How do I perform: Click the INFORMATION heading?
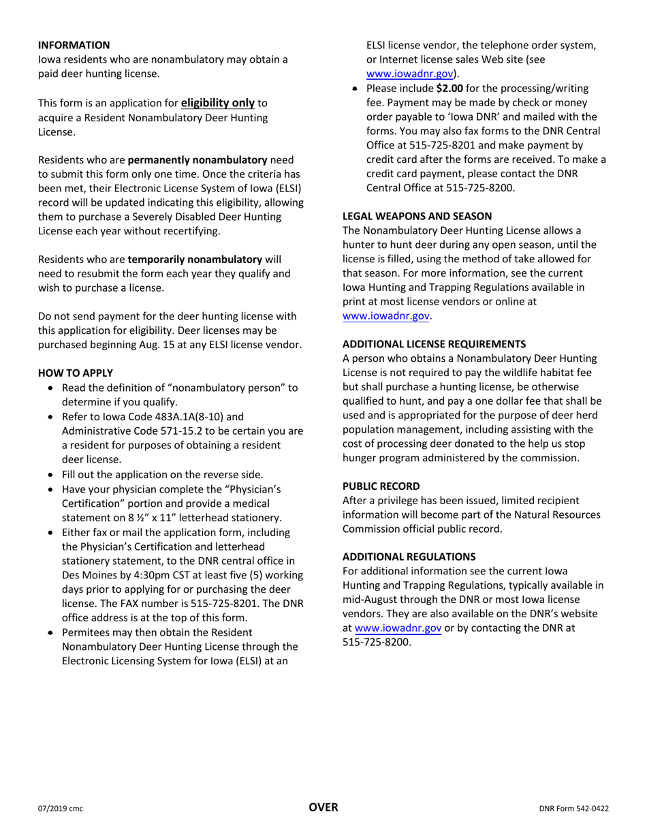tap(74, 45)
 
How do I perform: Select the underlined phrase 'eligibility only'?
tap(217, 103)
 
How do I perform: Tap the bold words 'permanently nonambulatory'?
tap(198, 160)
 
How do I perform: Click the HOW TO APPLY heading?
tap(76, 373)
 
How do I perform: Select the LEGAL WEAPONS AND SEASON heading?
tap(417, 216)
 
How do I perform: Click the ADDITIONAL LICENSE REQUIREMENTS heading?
tap(434, 344)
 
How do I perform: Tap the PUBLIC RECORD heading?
tap(381, 486)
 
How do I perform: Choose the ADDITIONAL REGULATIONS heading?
tap(409, 557)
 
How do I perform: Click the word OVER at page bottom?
tap(323, 807)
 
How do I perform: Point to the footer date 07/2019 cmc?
tap(60, 809)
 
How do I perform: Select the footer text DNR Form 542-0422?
tap(573, 809)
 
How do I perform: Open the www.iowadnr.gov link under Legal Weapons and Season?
tap(386, 316)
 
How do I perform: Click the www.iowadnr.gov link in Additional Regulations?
tap(398, 628)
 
